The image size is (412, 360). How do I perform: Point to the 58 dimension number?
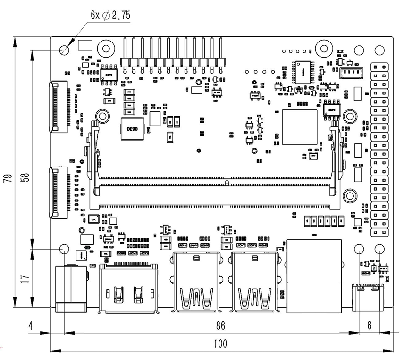(x=25, y=177)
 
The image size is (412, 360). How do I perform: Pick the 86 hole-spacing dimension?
(x=220, y=326)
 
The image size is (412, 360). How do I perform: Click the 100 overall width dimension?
(x=220, y=343)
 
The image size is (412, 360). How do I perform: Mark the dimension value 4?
(x=31, y=326)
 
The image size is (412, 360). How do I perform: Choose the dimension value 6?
(x=370, y=326)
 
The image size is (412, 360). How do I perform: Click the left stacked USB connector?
(x=196, y=282)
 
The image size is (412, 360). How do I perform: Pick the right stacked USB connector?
(x=254, y=282)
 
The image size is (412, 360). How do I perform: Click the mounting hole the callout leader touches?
(x=65, y=49)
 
